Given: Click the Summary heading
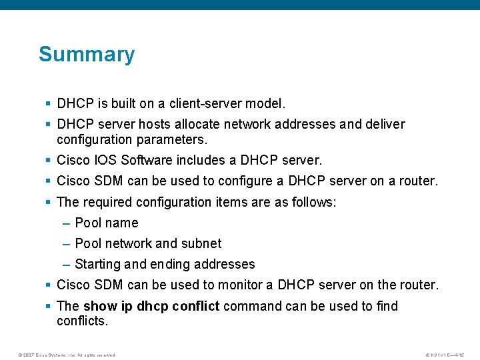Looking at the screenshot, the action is coord(87,54).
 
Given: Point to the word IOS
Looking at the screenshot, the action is coord(105,161).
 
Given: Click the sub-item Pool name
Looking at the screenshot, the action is coord(107,223).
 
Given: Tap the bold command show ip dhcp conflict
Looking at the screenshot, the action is coord(151,306).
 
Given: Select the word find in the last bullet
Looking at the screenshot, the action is coord(387,306).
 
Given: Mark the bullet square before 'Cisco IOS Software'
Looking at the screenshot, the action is coord(48,161).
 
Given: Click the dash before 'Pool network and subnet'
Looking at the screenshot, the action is coord(67,243).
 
